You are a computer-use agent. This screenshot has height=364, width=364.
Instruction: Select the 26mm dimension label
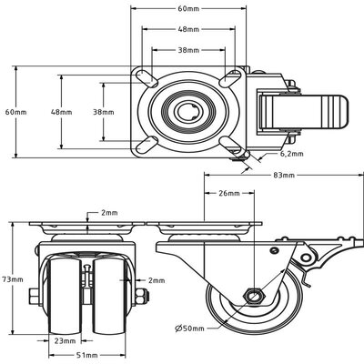(230, 194)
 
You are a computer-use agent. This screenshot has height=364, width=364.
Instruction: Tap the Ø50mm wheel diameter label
(194, 327)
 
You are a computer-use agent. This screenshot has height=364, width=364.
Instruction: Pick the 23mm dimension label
(66, 341)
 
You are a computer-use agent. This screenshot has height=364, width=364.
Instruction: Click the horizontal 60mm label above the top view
(187, 8)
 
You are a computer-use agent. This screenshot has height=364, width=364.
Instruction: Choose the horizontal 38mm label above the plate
(187, 50)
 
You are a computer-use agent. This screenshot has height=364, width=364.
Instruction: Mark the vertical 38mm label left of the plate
(103, 112)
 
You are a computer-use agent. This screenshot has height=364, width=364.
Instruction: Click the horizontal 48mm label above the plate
(187, 29)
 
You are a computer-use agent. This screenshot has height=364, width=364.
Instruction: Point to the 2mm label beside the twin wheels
(156, 280)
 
